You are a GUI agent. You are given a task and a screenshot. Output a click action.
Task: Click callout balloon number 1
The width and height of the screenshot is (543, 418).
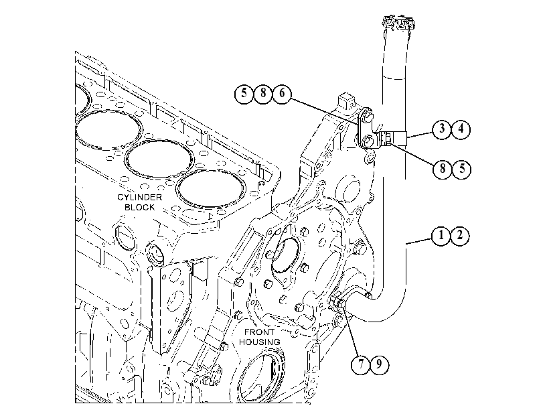click(x=441, y=236)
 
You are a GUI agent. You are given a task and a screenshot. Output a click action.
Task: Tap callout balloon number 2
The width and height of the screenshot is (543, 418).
click(x=460, y=236)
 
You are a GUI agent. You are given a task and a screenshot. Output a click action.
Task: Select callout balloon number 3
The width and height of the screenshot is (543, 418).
click(x=442, y=129)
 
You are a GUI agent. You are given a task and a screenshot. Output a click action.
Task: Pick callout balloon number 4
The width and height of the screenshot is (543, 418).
click(x=461, y=129)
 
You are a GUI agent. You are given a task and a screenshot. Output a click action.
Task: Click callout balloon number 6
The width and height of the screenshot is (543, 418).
click(x=282, y=93)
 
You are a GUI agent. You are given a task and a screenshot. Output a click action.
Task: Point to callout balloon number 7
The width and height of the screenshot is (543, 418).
click(x=360, y=364)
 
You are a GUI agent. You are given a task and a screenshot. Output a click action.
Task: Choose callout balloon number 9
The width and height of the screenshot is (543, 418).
click(x=380, y=364)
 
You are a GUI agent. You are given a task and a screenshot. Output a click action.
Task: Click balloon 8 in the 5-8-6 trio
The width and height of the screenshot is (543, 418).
click(x=263, y=93)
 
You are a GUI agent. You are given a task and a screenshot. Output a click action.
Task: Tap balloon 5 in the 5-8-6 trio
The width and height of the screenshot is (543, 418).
click(x=244, y=93)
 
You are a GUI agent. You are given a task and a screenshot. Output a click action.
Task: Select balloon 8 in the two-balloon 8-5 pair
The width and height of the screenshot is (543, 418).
click(x=443, y=169)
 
